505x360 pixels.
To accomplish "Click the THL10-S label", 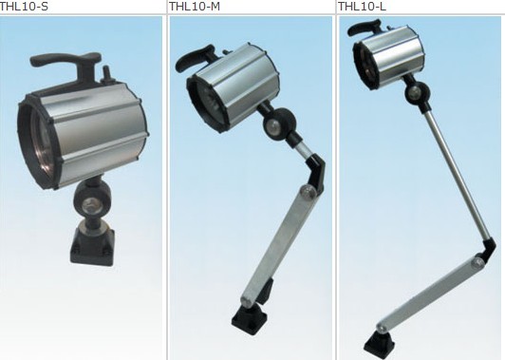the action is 24,6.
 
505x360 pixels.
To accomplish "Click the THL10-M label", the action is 195,6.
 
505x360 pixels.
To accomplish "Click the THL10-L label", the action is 362,6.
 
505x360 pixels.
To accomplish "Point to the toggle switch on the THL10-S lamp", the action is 105,75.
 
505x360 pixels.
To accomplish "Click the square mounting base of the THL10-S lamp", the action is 92,246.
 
